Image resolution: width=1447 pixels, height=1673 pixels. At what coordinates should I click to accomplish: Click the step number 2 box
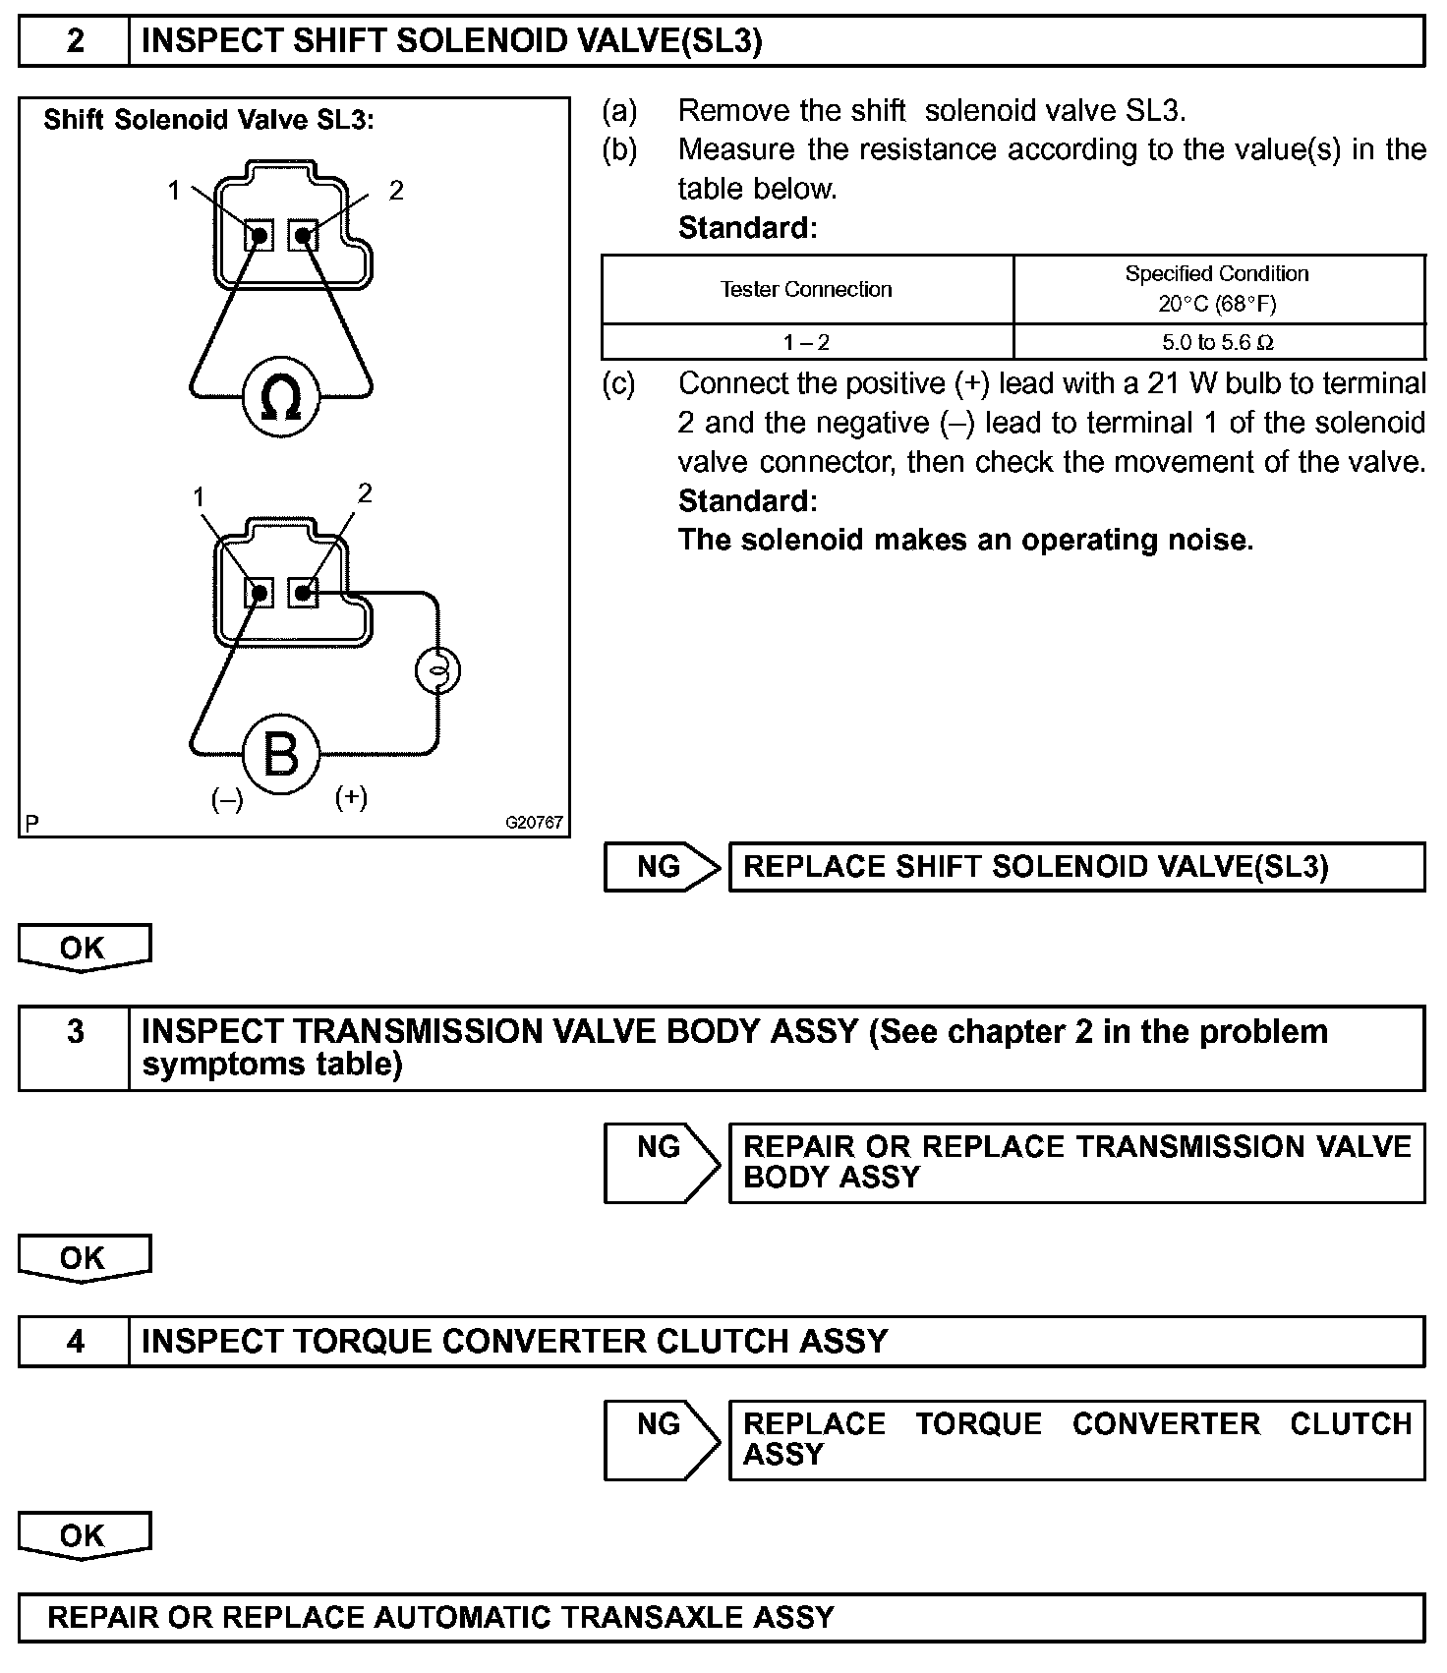click(x=75, y=41)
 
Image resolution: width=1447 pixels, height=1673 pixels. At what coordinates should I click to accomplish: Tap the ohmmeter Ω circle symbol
click(x=281, y=398)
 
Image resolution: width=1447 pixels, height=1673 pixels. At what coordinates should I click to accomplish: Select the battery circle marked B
click(x=281, y=755)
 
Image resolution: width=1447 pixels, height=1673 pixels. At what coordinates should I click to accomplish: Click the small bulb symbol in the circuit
click(x=437, y=670)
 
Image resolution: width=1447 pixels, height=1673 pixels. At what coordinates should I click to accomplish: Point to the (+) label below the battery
click(x=351, y=797)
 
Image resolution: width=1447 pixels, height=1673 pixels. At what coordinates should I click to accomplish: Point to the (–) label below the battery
click(x=227, y=800)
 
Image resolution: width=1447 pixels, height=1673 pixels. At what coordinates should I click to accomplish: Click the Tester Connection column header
click(x=806, y=290)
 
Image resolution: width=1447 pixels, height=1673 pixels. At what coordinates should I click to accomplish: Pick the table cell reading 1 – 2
click(x=806, y=342)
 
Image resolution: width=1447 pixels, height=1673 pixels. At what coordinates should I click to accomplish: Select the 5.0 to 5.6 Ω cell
click(x=1218, y=342)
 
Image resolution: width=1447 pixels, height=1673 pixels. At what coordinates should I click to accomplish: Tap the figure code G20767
click(x=535, y=822)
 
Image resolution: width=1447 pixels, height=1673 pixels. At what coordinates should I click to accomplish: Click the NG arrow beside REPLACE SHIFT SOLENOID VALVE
click(x=662, y=867)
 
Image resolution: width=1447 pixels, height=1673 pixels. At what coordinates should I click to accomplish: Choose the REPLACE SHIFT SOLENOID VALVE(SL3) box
click(x=1075, y=867)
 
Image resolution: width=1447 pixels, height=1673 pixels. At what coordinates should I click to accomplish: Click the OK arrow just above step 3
click(x=84, y=948)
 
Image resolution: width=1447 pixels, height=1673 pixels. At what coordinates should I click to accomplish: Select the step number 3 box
click(x=75, y=1048)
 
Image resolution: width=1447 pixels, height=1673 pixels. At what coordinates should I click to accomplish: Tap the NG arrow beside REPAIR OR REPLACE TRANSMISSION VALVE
click(x=662, y=1162)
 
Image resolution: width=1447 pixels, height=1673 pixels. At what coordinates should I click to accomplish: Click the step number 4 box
click(x=75, y=1342)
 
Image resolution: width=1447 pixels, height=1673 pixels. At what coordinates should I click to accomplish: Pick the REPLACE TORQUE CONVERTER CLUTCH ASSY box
click(x=1075, y=1440)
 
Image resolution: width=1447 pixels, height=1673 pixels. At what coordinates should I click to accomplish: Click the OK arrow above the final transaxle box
click(x=84, y=1535)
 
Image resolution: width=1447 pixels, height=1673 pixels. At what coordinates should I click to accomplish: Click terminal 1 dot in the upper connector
click(x=260, y=236)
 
